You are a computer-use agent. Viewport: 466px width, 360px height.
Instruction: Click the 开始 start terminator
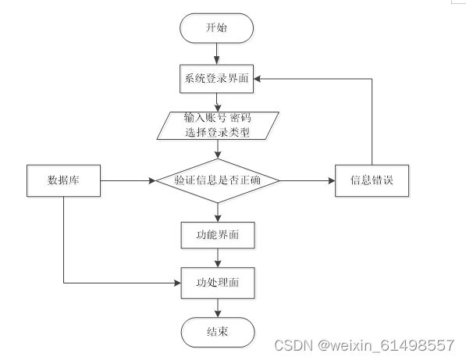tap(217, 28)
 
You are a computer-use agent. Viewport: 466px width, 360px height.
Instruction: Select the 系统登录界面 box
tap(217, 79)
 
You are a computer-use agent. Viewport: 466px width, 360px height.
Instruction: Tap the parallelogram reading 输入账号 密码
tap(218, 126)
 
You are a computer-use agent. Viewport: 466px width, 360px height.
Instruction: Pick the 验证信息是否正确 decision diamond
tap(218, 180)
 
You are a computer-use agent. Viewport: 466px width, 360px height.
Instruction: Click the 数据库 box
tap(63, 180)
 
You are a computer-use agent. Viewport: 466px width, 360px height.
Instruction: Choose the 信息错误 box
tap(372, 180)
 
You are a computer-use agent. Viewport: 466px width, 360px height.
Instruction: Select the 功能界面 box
tap(218, 235)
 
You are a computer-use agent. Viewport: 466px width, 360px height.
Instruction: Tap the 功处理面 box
tap(218, 283)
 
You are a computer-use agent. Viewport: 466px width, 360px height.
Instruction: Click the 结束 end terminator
tap(218, 332)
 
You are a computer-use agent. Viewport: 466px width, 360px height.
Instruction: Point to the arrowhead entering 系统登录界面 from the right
tap(258, 79)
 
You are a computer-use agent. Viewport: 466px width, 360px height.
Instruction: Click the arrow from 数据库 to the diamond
tap(128, 180)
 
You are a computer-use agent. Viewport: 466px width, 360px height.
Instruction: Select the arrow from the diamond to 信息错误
tap(308, 180)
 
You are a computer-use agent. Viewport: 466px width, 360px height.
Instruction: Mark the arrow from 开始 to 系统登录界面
tap(217, 54)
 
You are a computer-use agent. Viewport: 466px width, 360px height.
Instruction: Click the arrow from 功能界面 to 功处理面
tap(218, 258)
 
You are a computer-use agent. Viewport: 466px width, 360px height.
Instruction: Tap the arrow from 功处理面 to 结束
tap(218, 308)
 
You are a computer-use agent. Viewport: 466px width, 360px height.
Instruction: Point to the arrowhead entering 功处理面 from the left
tap(177, 283)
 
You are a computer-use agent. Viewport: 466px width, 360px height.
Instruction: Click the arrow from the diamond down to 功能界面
tap(218, 212)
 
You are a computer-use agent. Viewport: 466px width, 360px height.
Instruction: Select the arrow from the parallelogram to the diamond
tap(218, 149)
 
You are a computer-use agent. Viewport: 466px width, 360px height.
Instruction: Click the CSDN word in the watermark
tap(293, 346)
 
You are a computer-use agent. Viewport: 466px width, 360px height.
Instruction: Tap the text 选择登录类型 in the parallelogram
tap(218, 132)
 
